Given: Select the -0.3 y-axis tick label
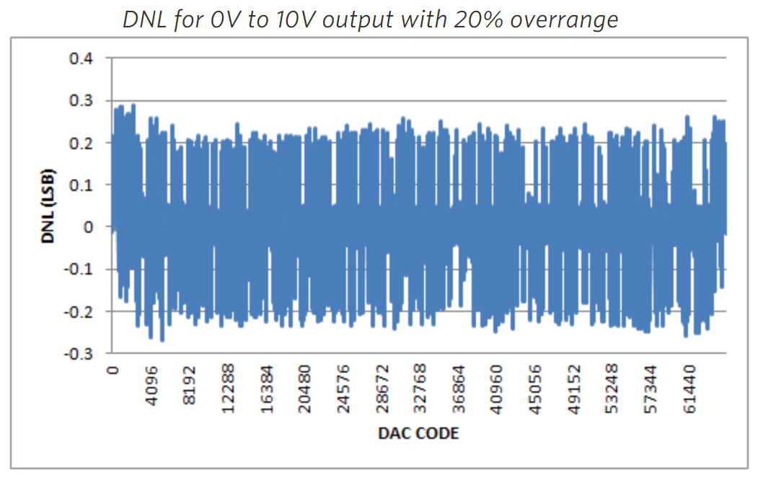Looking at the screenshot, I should pyautogui.click(x=77, y=354).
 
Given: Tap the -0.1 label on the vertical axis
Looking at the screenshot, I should pyautogui.click(x=77, y=270).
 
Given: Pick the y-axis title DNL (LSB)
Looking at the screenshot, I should pyautogui.click(x=49, y=205).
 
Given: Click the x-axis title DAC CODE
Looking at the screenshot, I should pyautogui.click(x=418, y=433).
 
